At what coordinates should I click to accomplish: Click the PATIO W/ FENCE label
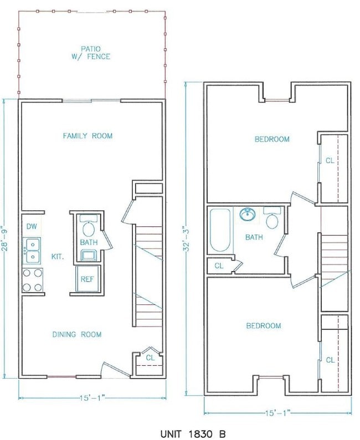(92, 52)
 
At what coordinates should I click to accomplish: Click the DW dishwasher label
(31, 227)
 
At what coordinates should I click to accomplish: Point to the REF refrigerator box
(87, 279)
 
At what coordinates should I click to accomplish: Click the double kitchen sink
(32, 249)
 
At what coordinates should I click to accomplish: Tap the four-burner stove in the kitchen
(32, 279)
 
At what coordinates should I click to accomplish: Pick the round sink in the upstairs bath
(247, 214)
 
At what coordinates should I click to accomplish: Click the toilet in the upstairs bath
(271, 219)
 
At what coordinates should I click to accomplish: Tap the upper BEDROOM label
(272, 139)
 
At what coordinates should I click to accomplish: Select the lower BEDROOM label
(263, 326)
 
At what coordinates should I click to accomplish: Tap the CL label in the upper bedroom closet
(330, 161)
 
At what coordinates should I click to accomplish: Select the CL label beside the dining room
(150, 358)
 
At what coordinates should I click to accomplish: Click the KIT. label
(57, 257)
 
